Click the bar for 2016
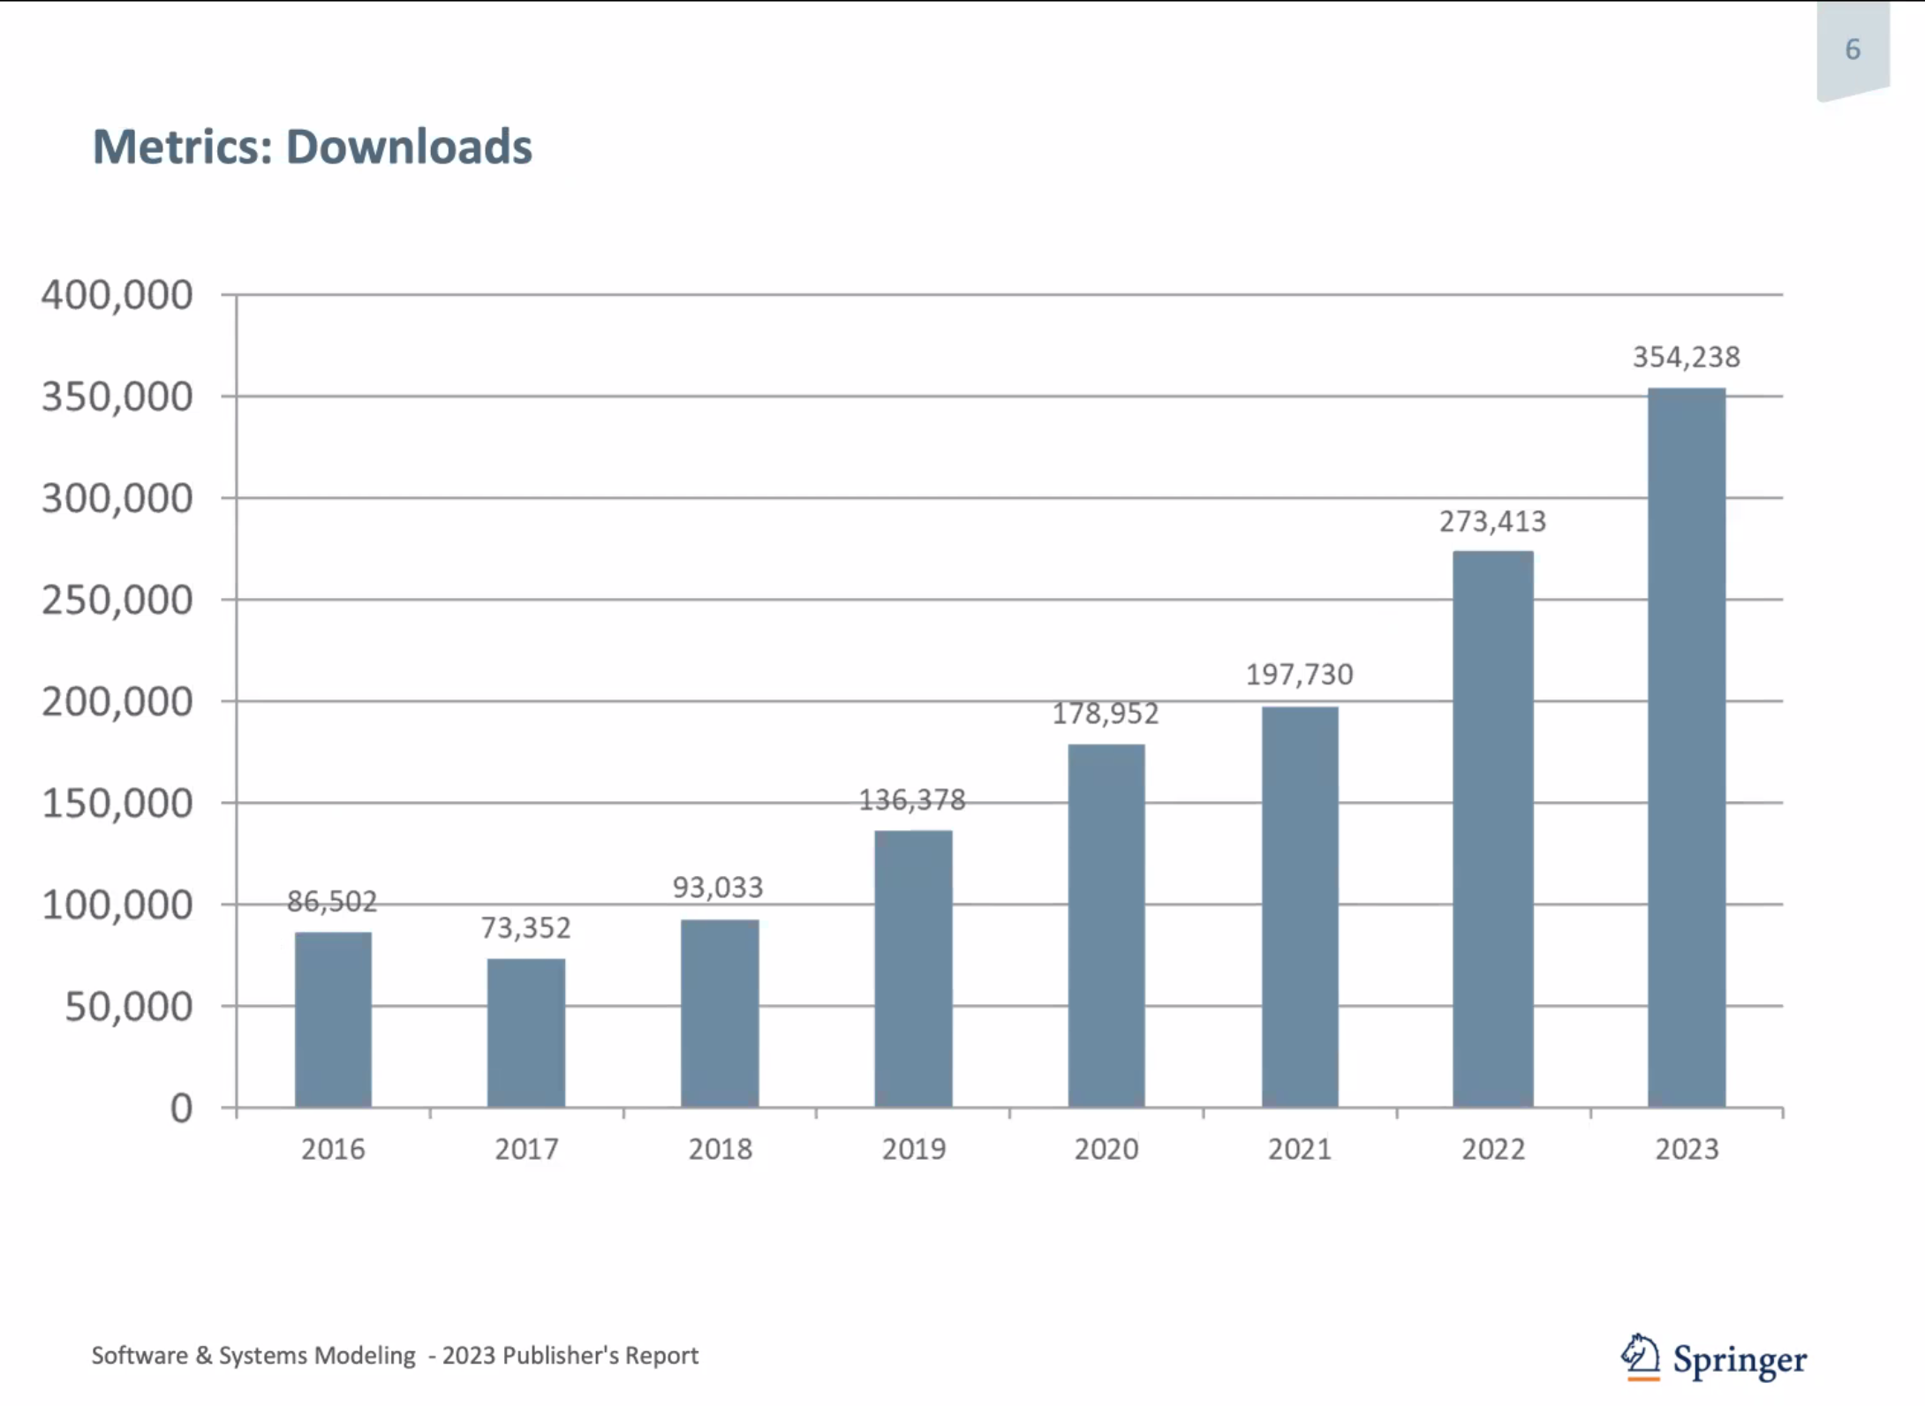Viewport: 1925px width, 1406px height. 333,1019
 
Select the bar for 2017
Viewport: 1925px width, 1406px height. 526,1032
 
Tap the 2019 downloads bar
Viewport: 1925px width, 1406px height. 913,969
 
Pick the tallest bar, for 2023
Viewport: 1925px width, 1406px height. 1687,747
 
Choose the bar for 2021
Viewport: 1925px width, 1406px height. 1300,906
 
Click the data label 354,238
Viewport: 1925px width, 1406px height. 1687,357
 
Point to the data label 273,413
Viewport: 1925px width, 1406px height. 1493,521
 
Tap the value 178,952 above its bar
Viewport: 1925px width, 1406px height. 1106,713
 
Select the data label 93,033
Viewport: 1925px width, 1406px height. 718,887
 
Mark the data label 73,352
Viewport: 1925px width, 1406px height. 525,927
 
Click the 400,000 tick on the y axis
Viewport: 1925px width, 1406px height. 117,295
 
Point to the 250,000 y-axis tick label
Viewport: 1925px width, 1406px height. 117,601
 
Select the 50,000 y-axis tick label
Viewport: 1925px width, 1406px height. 129,1007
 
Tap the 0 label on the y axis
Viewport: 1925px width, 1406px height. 181,1108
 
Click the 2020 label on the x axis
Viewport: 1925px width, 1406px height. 1106,1149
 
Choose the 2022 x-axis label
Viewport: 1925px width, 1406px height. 1493,1149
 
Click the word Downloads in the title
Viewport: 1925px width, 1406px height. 409,147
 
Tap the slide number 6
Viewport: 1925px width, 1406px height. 1853,49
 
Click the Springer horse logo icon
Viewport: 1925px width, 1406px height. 1641,1357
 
